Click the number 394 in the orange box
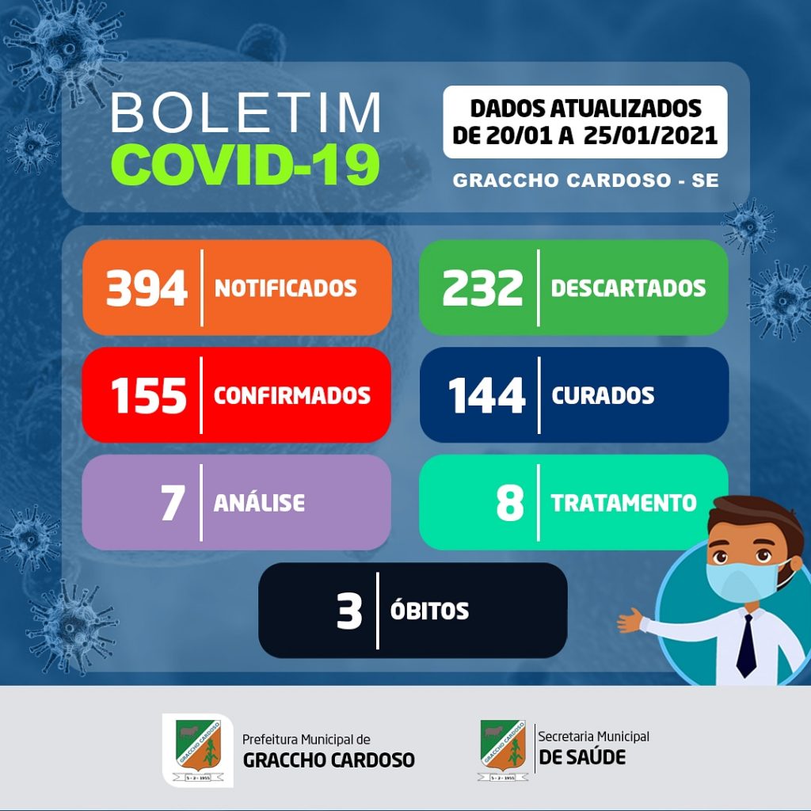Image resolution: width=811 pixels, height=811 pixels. [147, 288]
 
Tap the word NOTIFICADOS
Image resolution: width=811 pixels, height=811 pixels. [285, 288]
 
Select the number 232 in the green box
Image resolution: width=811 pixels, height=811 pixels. [482, 288]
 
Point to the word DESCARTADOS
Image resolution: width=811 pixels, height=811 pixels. [628, 288]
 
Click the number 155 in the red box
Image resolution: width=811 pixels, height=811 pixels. [148, 396]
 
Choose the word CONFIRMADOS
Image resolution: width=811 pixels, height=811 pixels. [292, 396]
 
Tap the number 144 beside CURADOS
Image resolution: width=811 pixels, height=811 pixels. [487, 396]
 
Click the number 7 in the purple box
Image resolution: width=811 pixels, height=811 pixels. [173, 503]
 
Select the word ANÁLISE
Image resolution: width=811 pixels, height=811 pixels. [259, 501]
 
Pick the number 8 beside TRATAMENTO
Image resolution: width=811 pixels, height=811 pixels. [510, 503]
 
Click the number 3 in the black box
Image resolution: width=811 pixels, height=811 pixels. [349, 611]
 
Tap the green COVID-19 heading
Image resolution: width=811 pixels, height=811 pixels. [246, 163]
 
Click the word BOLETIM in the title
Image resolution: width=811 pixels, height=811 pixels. [246, 112]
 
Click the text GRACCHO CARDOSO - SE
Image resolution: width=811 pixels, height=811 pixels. [585, 181]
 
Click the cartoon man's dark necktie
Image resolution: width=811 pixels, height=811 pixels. [746, 646]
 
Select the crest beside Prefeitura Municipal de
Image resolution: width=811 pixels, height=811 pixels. [198, 750]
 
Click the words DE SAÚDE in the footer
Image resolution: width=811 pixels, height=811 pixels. [582, 758]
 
